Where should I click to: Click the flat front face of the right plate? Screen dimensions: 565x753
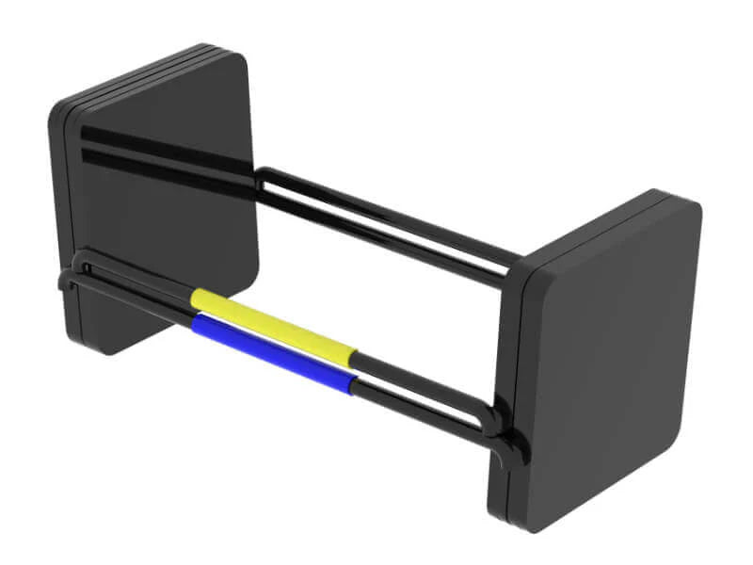(612, 358)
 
